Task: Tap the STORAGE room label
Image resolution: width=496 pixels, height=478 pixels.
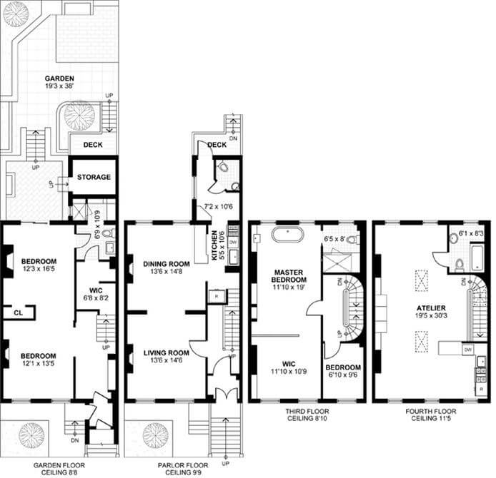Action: (94, 177)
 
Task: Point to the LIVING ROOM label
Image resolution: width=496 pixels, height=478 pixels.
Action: (166, 352)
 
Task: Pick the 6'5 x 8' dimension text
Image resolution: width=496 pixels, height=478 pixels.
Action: (339, 239)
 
